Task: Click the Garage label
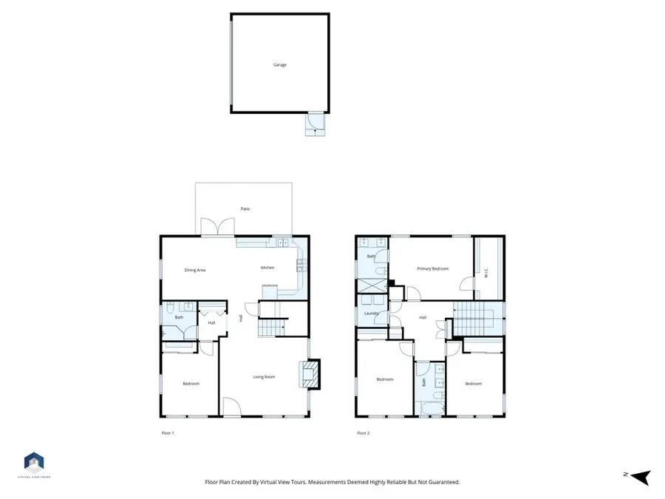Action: coord(279,65)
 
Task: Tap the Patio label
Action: coord(245,209)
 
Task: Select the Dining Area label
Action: coord(194,270)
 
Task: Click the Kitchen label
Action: coord(267,268)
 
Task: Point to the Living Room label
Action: coord(264,377)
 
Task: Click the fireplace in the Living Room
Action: coord(313,374)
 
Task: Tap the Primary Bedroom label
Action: coord(432,269)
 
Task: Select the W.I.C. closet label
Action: coord(486,273)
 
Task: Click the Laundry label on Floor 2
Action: coord(371,313)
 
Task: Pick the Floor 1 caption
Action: coord(168,433)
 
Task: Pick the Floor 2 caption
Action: coord(363,433)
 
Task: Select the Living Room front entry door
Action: coord(231,407)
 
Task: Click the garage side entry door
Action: coord(316,122)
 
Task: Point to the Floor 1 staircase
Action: coord(271,326)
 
